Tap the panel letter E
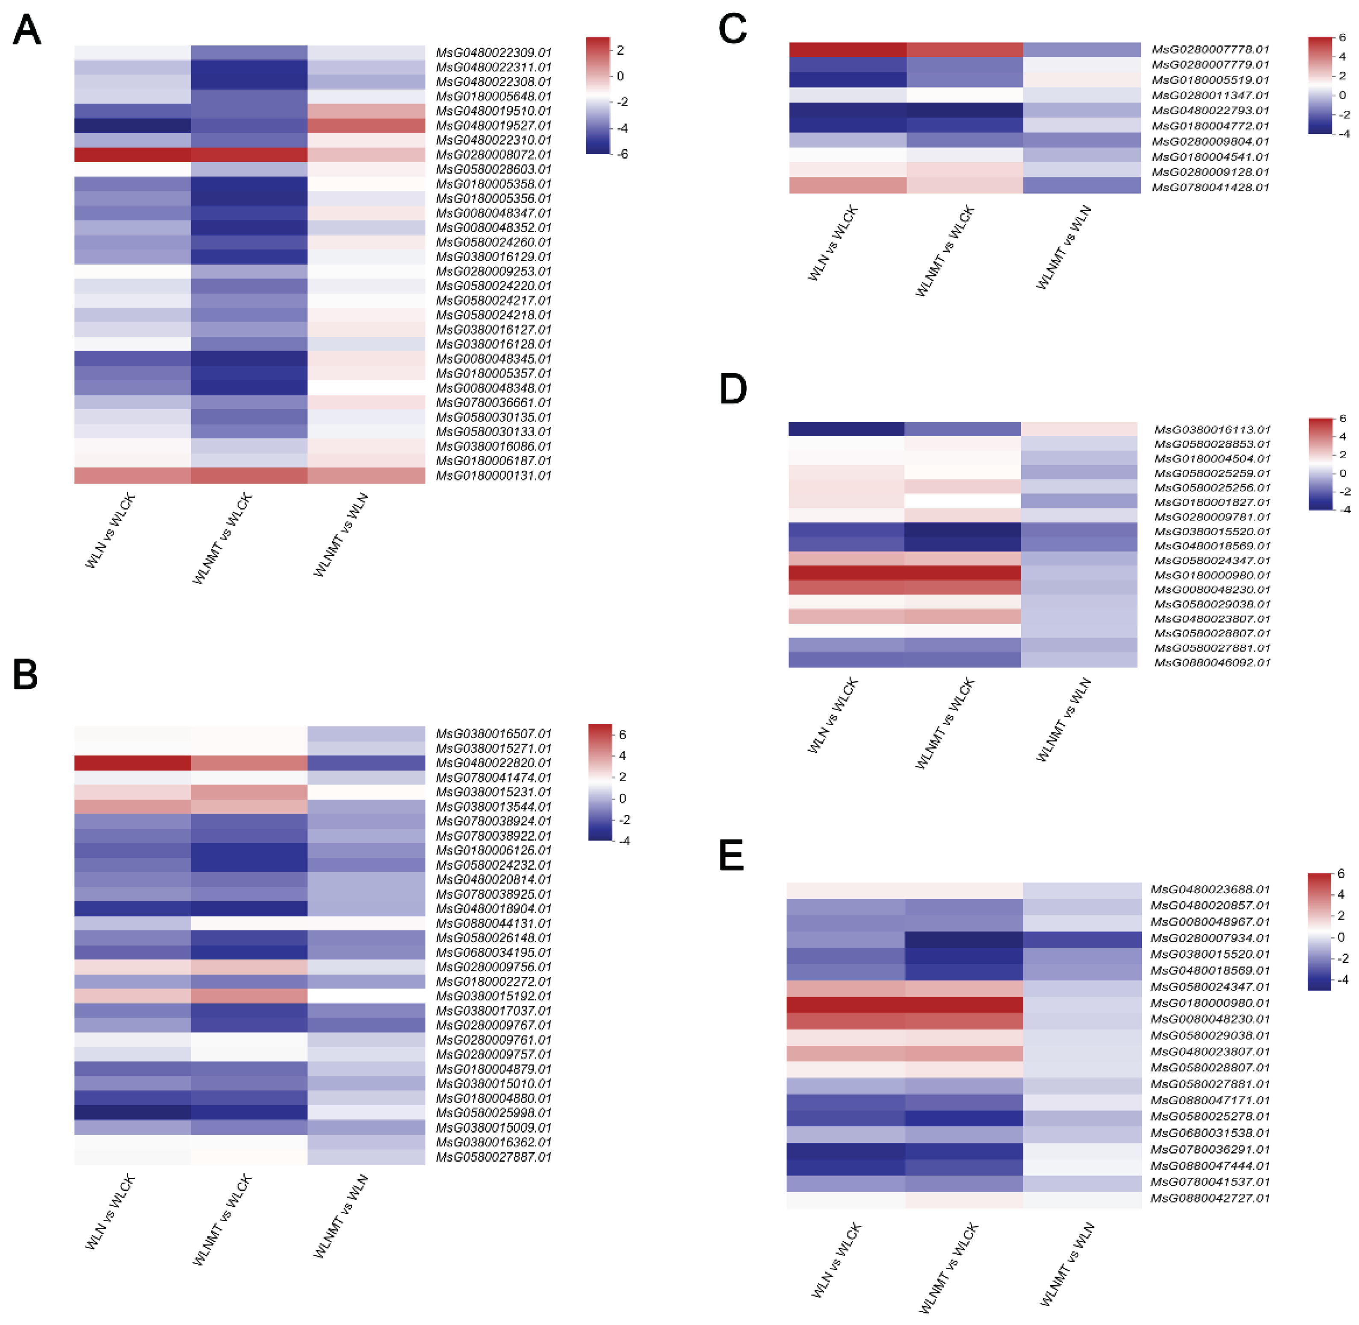(x=731, y=856)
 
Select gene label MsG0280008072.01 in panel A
(x=493, y=154)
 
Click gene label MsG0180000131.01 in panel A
(x=493, y=476)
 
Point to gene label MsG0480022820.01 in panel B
(x=493, y=763)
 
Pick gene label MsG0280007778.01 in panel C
(x=1210, y=50)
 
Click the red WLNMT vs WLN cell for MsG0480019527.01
(x=366, y=125)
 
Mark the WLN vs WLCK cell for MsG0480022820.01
(x=132, y=763)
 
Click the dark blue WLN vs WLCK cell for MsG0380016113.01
(x=846, y=429)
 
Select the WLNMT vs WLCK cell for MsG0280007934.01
(x=964, y=938)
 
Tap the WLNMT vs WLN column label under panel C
(x=1063, y=248)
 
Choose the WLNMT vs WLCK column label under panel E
(x=948, y=1268)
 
